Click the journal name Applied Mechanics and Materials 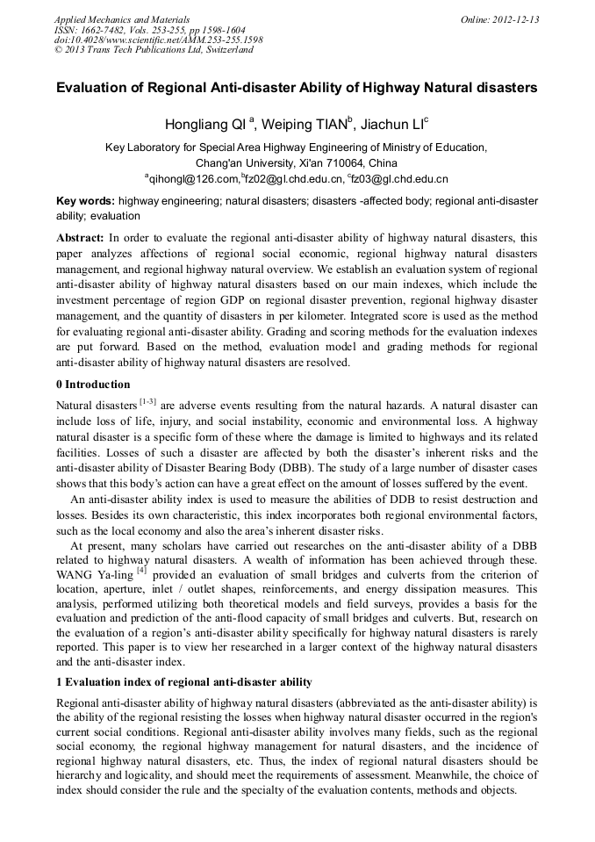pos(122,19)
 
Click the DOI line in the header pos(158,40)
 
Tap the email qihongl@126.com pos(193,179)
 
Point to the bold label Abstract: pos(81,238)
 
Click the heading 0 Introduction pos(93,385)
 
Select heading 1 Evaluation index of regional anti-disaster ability pos(183,682)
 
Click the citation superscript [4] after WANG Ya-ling pos(140,571)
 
